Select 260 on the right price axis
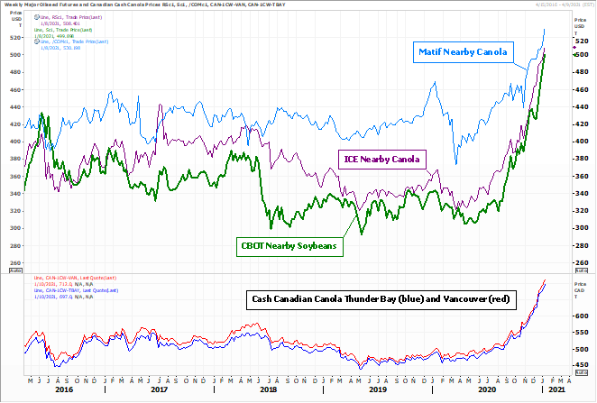click(581, 263)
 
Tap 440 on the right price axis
click(581, 107)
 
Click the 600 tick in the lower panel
click(581, 316)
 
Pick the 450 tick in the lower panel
click(581, 365)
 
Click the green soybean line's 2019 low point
click(363, 234)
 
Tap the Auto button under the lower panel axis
click(581, 375)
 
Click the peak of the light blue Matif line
click(544, 30)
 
